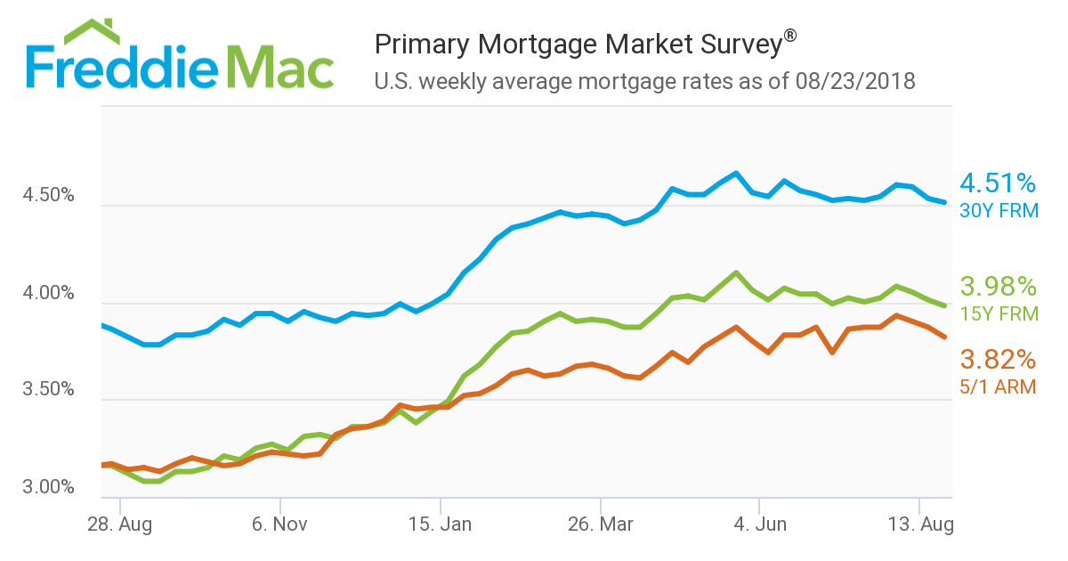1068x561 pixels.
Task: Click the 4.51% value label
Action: [x=998, y=184]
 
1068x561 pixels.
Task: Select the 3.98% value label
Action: [x=998, y=287]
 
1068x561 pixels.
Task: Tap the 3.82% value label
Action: [x=998, y=360]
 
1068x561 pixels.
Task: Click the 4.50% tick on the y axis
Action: [x=48, y=196]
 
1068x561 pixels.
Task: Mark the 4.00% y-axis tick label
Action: [x=48, y=293]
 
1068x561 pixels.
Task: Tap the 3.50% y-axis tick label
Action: [x=48, y=390]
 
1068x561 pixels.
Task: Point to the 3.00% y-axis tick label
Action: [x=48, y=488]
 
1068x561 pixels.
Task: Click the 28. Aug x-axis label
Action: [x=119, y=524]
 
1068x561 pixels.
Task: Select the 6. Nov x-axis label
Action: [x=279, y=524]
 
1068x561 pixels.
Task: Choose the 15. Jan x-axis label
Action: [x=440, y=524]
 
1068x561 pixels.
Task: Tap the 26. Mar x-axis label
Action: [x=601, y=524]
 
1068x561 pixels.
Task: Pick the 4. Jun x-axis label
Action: [x=759, y=524]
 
